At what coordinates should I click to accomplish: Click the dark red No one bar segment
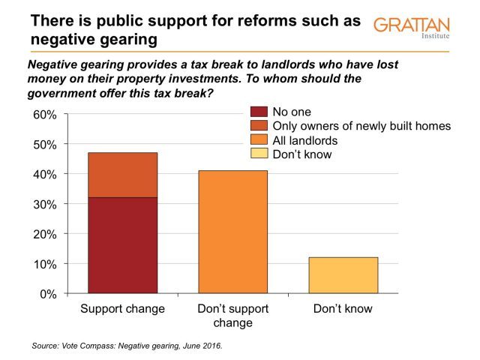[x=122, y=245]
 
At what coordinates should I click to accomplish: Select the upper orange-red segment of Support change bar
[x=122, y=175]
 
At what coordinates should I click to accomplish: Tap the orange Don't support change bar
[x=232, y=232]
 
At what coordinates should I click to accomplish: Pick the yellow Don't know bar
[x=343, y=275]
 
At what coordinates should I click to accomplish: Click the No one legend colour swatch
[x=259, y=112]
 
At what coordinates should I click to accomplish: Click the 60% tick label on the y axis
[x=45, y=115]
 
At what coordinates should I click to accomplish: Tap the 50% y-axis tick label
[x=45, y=144]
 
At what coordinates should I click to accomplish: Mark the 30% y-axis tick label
[x=45, y=204]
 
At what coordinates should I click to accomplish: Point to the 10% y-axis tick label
[x=45, y=264]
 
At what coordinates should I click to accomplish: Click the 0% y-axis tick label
[x=48, y=294]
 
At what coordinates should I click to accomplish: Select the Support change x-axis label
[x=122, y=309]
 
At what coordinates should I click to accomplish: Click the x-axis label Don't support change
[x=232, y=316]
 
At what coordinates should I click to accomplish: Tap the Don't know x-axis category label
[x=343, y=309]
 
